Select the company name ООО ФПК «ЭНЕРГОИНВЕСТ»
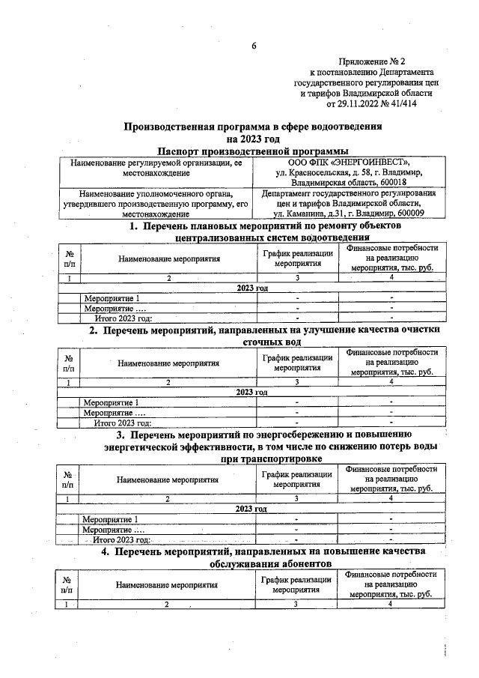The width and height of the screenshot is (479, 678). pos(349,161)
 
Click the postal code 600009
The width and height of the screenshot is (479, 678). pos(409,214)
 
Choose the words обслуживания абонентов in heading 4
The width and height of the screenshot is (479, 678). pos(271,564)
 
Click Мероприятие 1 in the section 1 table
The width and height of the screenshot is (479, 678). pos(112,298)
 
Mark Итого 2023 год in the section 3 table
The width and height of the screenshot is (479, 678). pos(123,539)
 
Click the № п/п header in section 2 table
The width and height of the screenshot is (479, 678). pos(69,363)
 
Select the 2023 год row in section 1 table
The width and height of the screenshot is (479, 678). pos(251,288)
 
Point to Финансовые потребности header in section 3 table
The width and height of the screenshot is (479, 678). pos(391,469)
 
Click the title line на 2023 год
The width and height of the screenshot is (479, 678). pos(253,139)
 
